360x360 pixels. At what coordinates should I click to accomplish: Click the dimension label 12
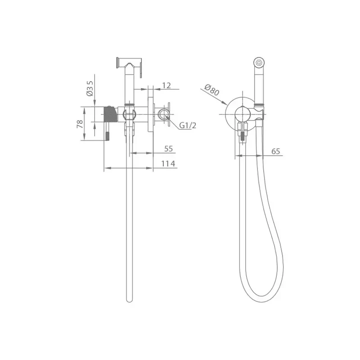coord(166,85)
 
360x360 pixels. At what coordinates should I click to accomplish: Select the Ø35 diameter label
coord(90,88)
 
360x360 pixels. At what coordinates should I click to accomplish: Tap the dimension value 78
coord(80,124)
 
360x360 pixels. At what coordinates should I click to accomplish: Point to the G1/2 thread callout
coord(188,126)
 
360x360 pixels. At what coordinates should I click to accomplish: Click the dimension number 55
coord(168,149)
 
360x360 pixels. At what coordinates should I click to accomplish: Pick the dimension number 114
coord(168,164)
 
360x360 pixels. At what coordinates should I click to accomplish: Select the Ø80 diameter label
coord(211,90)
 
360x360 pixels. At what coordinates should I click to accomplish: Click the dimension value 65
coord(275,151)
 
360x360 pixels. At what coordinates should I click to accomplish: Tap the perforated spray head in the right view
coord(259,62)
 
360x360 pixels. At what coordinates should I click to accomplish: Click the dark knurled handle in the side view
coord(110,114)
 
